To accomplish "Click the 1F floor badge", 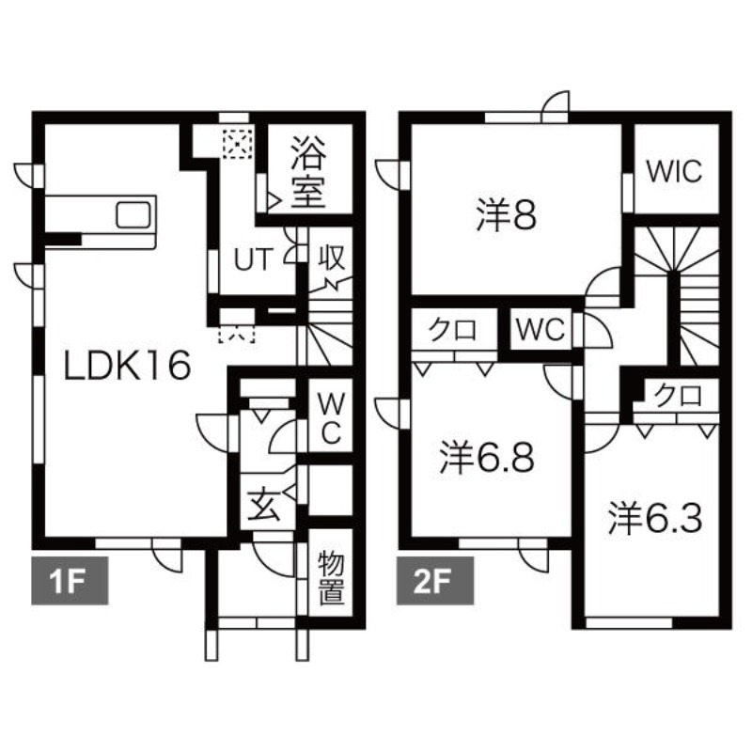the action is point(70,580).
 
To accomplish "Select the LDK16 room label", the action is point(127,365).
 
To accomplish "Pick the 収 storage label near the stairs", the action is point(329,257).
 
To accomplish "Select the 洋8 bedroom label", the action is point(505,216).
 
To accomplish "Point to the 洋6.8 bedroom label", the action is point(487,459).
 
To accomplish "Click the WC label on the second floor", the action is point(540,330).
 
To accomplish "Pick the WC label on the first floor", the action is point(330,419).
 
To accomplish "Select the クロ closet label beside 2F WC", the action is point(452,330).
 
